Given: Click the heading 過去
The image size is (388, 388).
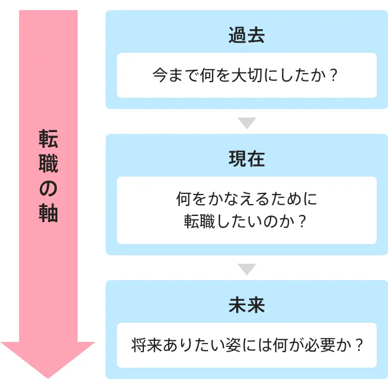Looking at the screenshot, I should (x=246, y=35).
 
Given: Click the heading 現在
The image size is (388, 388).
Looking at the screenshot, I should (x=246, y=159).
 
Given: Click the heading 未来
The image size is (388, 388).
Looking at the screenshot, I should (x=246, y=305).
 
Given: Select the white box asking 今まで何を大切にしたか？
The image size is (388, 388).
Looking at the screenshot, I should (x=246, y=75).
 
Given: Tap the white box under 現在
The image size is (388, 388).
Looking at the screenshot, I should (x=246, y=210).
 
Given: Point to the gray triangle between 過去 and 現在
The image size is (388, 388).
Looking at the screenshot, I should (x=246, y=123).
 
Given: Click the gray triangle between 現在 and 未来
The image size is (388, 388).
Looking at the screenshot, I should (x=246, y=269).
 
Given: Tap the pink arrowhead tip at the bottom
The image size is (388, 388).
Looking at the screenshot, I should (x=48, y=375).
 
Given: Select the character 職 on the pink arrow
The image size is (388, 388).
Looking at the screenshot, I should (x=48, y=164).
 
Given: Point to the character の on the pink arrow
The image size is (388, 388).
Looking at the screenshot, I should (x=48, y=189).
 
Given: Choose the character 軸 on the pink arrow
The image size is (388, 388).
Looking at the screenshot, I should (x=48, y=214).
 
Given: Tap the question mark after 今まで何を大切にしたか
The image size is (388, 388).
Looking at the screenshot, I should (x=335, y=75).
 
